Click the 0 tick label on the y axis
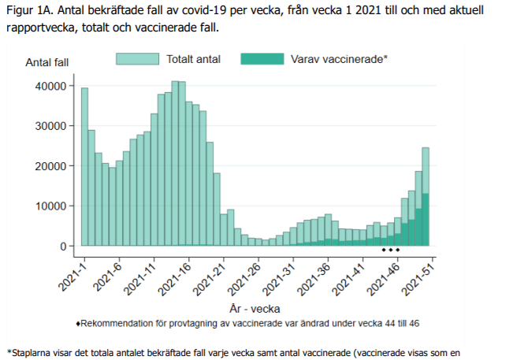tap(62, 246)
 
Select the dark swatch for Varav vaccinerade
tap(262, 58)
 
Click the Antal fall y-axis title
tap(47, 62)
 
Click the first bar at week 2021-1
tap(84, 167)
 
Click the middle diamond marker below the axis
tap(391, 250)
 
